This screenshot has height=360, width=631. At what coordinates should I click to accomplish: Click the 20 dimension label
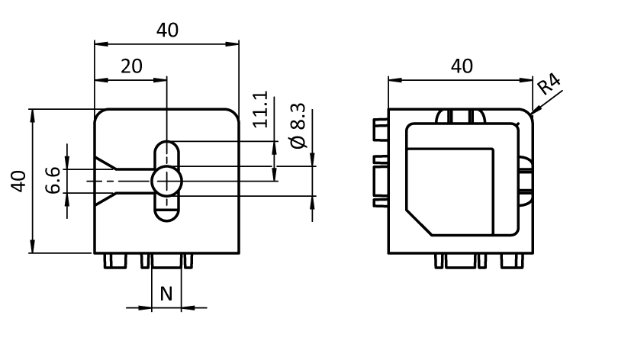132,66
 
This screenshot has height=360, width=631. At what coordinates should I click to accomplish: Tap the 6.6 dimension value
53,180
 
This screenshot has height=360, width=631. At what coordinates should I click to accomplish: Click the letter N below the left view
166,293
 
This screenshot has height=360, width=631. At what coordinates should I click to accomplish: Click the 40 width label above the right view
462,66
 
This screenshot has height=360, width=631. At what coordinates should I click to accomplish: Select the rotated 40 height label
19,182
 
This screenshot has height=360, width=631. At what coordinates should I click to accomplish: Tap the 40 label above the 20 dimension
167,30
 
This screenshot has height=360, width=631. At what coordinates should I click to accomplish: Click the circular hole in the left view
166,181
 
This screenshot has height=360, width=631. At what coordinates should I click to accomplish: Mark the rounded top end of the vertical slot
166,147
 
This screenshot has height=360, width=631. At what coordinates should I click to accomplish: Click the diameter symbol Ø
298,141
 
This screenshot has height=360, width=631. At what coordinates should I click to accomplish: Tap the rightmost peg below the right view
513,261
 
